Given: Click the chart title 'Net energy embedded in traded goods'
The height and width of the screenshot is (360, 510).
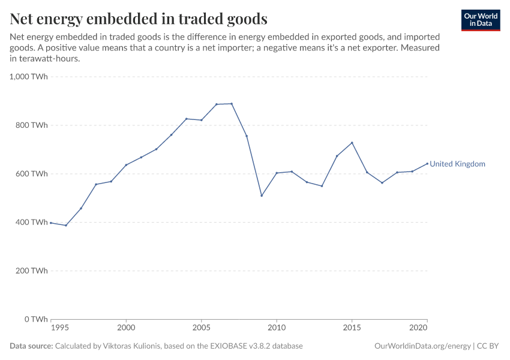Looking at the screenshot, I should (x=139, y=19).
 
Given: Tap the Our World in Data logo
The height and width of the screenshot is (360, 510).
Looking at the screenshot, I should (x=480, y=20).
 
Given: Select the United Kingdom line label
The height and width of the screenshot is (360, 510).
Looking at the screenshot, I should (x=457, y=164).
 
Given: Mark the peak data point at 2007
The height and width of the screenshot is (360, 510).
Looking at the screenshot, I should (x=232, y=104).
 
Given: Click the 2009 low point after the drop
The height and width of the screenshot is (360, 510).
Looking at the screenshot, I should (x=262, y=196).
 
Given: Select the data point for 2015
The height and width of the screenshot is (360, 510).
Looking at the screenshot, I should (x=352, y=143).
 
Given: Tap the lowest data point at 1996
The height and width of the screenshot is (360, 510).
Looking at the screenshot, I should (x=66, y=226).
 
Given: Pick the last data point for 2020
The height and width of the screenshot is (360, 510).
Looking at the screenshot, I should (x=427, y=163).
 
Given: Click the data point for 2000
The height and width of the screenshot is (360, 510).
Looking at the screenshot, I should (x=126, y=165).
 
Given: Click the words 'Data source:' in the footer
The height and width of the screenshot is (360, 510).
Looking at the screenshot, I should (x=31, y=346).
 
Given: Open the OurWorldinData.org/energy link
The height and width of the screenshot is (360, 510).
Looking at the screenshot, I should (x=422, y=346).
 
